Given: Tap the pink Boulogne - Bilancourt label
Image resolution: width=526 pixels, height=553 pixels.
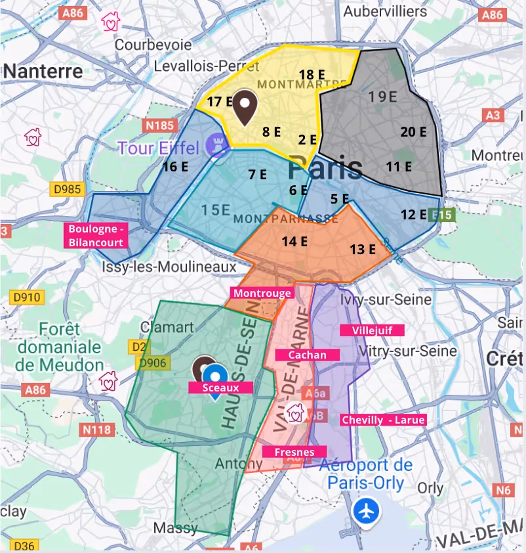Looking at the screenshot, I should pos(96,236).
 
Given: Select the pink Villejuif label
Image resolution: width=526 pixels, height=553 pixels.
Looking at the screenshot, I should pos(372,330).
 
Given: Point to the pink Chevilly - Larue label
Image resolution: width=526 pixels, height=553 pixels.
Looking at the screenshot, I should pos(383,420).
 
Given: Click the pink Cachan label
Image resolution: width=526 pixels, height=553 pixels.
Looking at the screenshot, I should pos(308,355).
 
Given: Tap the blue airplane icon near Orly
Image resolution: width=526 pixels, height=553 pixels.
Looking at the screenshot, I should pos(365,511).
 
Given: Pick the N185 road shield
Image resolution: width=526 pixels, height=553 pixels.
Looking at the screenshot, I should pos(159,125).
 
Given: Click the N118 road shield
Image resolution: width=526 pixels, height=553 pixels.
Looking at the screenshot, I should pos(97,430).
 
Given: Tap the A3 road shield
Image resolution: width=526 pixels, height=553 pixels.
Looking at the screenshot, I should pos(494,116).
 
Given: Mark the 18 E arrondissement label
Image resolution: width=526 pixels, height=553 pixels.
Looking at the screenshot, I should pos(312,74).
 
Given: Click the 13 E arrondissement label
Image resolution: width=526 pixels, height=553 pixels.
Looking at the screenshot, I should pos(363,249).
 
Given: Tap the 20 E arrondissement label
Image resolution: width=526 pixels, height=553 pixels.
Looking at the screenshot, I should pos(413,132).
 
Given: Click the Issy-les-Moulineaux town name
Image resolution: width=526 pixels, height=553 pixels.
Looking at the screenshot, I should pos(170,267).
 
